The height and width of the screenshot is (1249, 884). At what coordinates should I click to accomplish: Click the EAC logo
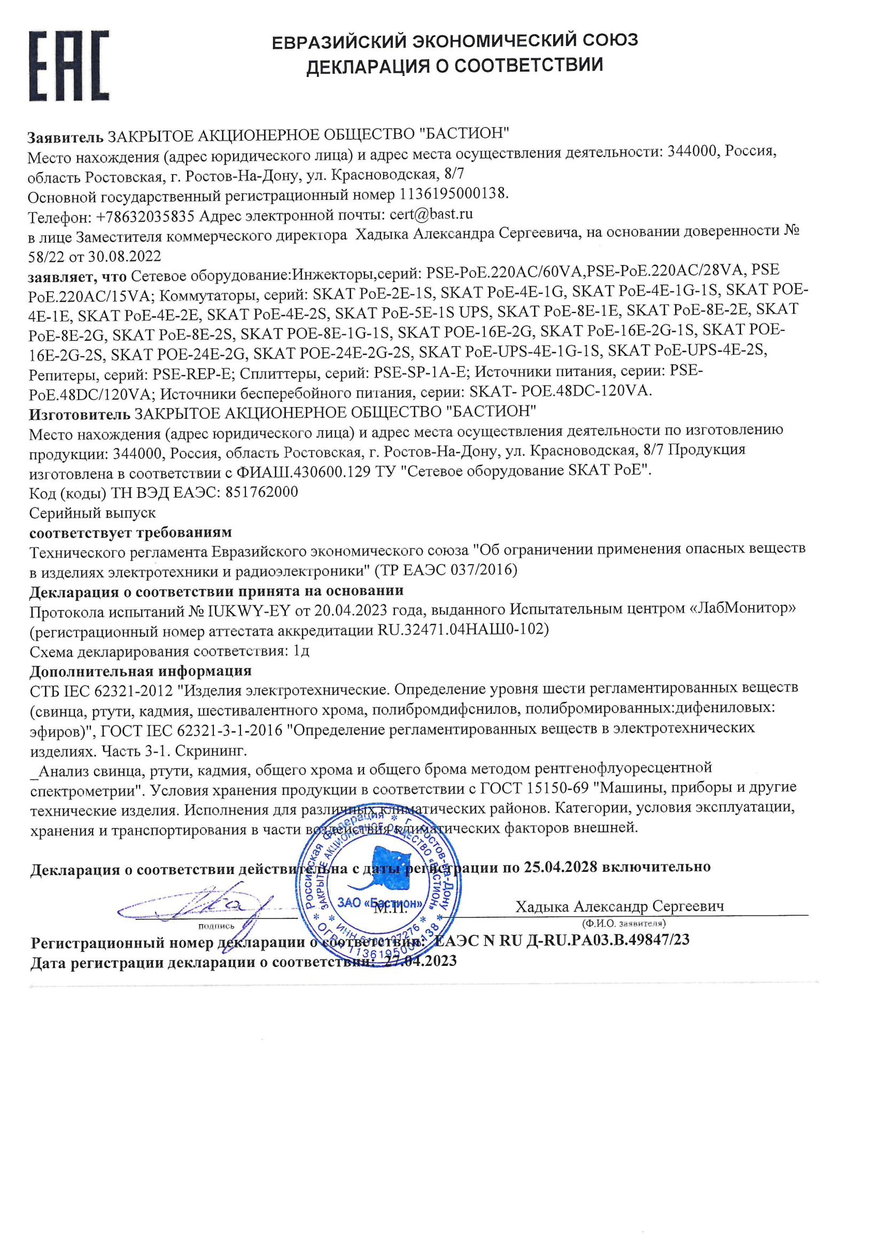click(x=69, y=66)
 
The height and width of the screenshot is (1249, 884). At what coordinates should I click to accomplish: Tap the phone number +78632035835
click(x=145, y=217)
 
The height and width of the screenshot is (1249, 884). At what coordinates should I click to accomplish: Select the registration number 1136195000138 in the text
click(x=453, y=194)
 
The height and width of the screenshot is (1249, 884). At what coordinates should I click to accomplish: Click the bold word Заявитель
click(x=65, y=136)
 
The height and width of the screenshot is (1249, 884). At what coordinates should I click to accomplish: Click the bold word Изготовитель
click(x=80, y=415)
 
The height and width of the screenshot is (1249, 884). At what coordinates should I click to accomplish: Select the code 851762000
click(x=261, y=492)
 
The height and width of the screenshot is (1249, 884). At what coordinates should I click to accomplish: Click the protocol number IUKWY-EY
click(x=248, y=612)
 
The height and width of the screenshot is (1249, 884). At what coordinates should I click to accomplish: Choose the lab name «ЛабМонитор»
click(x=742, y=607)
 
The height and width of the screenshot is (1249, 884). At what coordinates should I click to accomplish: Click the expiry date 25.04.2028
click(x=560, y=867)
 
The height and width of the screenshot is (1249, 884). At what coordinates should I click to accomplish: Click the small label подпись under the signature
click(x=216, y=926)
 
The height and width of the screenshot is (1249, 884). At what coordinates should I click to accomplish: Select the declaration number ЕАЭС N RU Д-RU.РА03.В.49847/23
click(x=562, y=940)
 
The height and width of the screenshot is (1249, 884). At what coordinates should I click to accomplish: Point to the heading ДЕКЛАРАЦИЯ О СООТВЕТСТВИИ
click(x=454, y=66)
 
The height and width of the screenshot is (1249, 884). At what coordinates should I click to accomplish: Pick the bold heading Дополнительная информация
click(x=141, y=671)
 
